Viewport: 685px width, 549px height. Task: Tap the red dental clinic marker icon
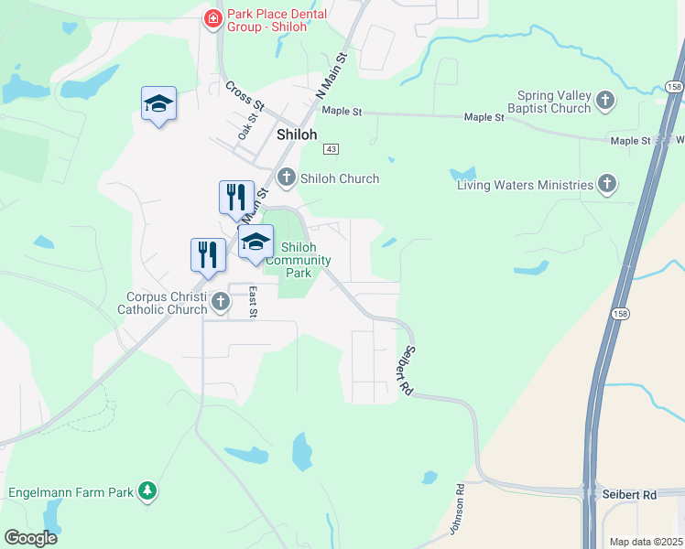213,18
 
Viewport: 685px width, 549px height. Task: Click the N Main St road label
332,76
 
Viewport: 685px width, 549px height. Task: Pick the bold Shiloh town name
297,135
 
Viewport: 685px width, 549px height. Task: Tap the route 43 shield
332,149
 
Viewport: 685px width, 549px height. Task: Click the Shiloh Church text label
340,178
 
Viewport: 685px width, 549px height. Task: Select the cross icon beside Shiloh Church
287,178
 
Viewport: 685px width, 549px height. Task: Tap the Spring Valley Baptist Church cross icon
604,100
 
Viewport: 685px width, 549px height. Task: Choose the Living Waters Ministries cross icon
606,185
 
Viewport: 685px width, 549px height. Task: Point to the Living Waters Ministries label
526,186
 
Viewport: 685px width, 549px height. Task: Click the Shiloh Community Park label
299,260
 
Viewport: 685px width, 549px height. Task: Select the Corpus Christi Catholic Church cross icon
220,301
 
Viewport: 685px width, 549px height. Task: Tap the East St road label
254,301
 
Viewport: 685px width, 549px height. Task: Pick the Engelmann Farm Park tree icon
147,491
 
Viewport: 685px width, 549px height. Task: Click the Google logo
31,538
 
